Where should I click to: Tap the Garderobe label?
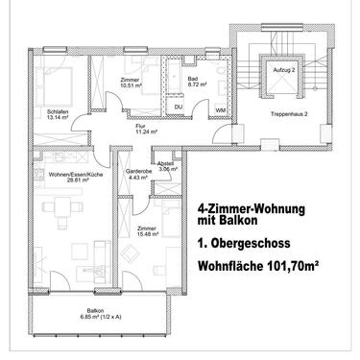pyautogui.click(x=138, y=171)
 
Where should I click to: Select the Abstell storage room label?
pyautogui.click(x=165, y=162)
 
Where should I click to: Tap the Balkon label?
pyautogui.click(x=94, y=310)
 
